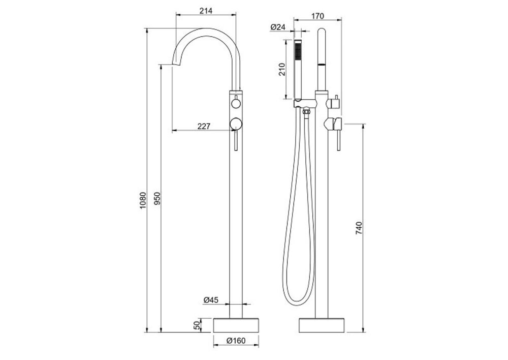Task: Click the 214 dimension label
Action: (206, 11)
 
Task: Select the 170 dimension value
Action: (317, 16)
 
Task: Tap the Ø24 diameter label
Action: (277, 27)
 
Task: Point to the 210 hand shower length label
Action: (281, 69)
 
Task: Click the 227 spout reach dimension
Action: (204, 126)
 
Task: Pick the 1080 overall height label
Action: (143, 200)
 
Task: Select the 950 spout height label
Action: (157, 199)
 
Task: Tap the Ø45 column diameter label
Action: (211, 300)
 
